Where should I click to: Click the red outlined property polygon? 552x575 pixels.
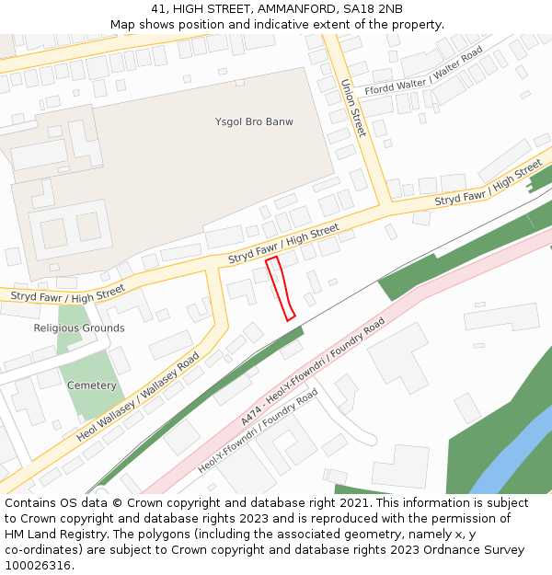(280, 288)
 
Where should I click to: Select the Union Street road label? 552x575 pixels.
(353, 108)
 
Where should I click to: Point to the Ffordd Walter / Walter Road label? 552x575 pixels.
(423, 73)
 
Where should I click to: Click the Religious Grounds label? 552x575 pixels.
(79, 328)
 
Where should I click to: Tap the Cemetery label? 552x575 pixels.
(92, 385)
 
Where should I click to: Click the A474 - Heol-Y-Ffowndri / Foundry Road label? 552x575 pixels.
(313, 372)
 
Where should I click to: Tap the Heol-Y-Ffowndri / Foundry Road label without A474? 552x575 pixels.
(258, 431)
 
